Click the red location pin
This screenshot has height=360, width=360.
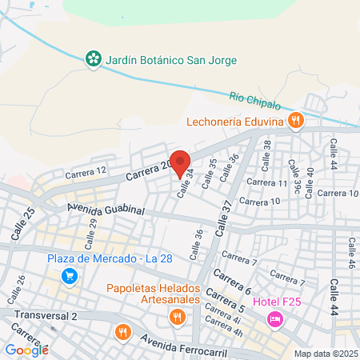click(x=180, y=160)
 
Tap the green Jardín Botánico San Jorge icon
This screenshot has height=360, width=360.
click(x=94, y=58)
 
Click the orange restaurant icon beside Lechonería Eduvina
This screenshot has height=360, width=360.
click(x=296, y=121)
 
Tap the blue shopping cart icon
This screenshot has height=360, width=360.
click(x=70, y=276)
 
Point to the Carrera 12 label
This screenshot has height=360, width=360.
click(x=86, y=171)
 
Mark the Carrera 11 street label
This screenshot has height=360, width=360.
click(x=266, y=183)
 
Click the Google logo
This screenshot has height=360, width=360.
click(x=26, y=350)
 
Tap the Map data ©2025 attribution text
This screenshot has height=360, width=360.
click(x=323, y=354)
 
